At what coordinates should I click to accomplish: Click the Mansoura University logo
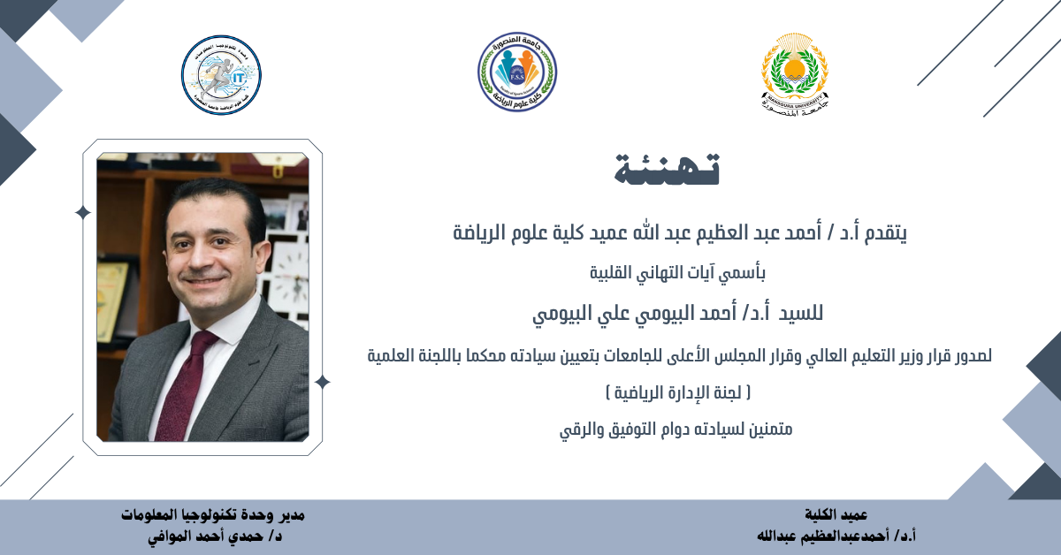(x=795, y=75)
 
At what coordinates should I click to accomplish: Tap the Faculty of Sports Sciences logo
(x=516, y=72)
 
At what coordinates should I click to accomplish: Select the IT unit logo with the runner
(x=221, y=75)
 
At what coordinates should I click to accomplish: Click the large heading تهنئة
(x=667, y=169)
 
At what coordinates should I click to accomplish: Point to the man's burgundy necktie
(x=183, y=384)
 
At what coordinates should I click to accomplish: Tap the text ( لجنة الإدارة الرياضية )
(x=678, y=392)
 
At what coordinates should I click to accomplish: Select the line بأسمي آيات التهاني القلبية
(x=677, y=273)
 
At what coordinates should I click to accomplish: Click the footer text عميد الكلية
(x=836, y=514)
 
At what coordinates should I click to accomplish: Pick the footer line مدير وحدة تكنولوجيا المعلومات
(x=213, y=514)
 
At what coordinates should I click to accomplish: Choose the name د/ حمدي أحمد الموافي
(x=215, y=536)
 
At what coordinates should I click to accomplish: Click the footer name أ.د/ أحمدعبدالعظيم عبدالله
(x=836, y=536)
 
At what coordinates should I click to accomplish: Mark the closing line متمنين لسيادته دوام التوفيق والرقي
(x=676, y=430)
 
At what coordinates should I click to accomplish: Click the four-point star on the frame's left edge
(x=83, y=213)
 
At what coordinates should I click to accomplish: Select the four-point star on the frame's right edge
(x=323, y=382)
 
